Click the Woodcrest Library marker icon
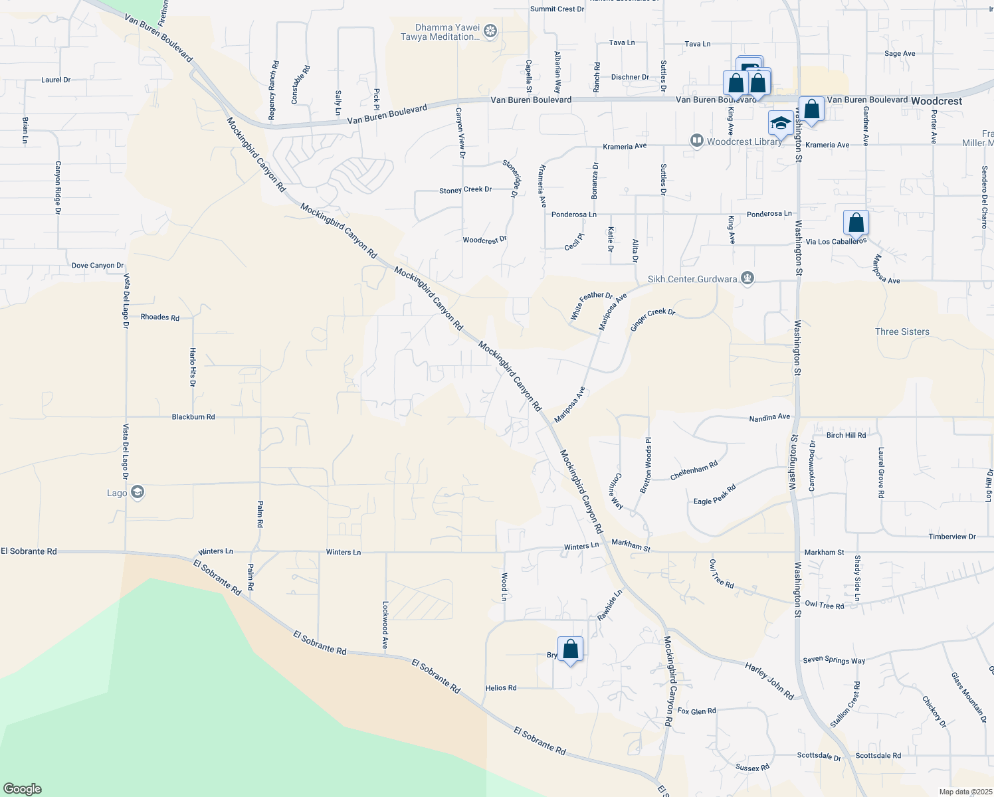pos(696,141)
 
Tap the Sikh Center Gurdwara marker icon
pos(747,278)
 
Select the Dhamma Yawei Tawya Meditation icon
pos(490,31)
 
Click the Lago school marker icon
pos(138,492)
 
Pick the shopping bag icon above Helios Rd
pos(570,649)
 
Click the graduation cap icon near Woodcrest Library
pos(781,123)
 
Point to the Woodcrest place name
pos(936,101)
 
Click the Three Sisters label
pos(902,331)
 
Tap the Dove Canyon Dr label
pos(98,266)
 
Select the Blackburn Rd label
pos(193,417)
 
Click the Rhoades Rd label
pos(159,317)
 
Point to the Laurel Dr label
pos(56,80)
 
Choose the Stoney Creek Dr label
pos(465,190)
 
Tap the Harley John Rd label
pos(769,681)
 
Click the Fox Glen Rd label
pos(696,711)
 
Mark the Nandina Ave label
pos(769,418)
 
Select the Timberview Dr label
pos(951,537)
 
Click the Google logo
pos(23,789)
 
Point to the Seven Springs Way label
pos(834,660)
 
